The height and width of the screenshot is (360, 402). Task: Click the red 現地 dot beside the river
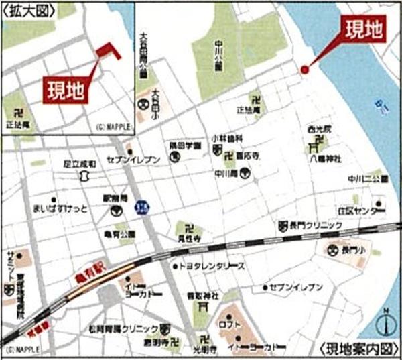point(304,69)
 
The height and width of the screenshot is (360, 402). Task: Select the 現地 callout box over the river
point(365,29)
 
